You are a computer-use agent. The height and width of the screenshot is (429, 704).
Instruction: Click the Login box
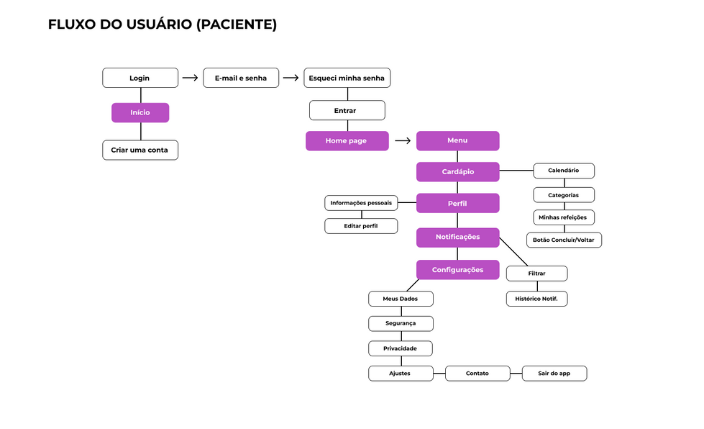coord(140,78)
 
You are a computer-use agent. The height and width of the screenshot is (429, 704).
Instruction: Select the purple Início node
coord(140,112)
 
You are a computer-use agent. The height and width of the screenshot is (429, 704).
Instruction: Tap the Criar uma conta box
coord(140,150)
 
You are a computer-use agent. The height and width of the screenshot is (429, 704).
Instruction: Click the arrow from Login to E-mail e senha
coord(190,78)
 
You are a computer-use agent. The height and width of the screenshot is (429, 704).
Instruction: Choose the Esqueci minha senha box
coord(347,78)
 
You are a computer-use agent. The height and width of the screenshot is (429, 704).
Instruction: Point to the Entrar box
coord(347,110)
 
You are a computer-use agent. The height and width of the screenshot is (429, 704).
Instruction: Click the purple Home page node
coord(347,140)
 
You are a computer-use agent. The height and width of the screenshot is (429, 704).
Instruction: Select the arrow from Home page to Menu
coord(403,141)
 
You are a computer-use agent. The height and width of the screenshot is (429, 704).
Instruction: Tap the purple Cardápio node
coord(457,171)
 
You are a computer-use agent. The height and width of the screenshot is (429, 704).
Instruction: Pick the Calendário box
coord(563,171)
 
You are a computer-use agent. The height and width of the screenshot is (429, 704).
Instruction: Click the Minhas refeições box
coord(563,217)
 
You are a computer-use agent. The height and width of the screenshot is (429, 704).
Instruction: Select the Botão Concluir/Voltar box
coord(564,240)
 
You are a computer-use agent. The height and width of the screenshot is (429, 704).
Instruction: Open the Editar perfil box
coord(360,226)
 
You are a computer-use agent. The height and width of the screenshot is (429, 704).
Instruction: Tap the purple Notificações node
coord(457,237)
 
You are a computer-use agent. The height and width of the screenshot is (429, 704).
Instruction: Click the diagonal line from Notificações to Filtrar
coord(513,251)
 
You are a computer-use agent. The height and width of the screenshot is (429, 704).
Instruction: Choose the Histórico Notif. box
coord(536,298)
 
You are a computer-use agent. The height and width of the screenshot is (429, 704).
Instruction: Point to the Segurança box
coord(401,323)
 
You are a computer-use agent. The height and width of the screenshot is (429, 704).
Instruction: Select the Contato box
coord(477,374)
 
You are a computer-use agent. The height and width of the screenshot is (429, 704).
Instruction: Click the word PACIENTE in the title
coord(236,24)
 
